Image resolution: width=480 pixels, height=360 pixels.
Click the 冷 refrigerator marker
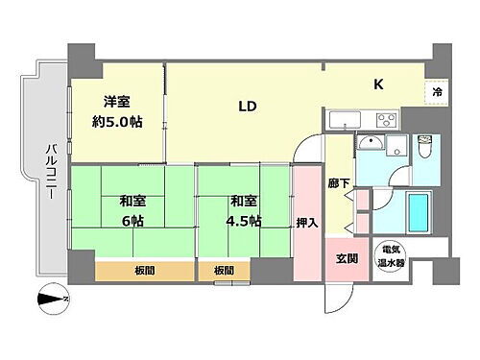click(x=437, y=93)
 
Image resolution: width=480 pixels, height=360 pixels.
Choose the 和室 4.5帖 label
click(x=245, y=209)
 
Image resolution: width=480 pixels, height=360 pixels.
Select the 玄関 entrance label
click(x=347, y=256)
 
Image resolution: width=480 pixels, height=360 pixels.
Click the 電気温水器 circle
click(x=388, y=254)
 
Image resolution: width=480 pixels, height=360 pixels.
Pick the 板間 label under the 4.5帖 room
click(x=223, y=270)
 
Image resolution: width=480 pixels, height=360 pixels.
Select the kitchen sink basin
click(x=343, y=122)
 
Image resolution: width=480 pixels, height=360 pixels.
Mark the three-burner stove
click(x=387, y=120)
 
